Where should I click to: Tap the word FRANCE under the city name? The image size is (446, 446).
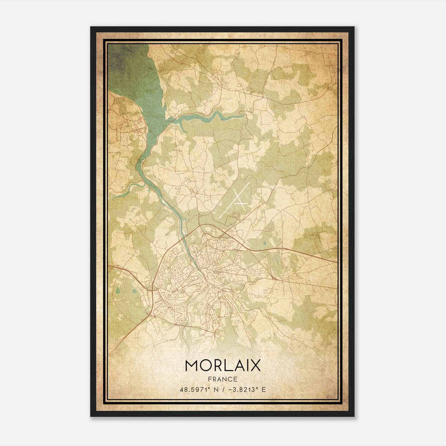222,379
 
